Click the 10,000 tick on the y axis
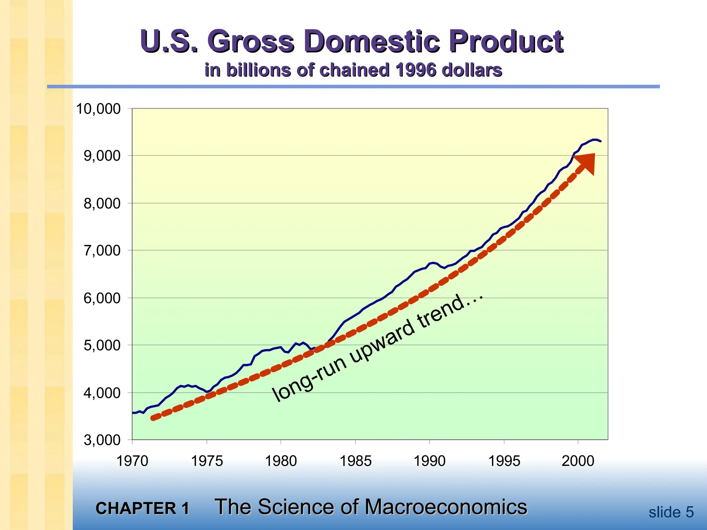(x=98, y=109)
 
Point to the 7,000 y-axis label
(x=102, y=251)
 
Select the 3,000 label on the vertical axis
(x=102, y=440)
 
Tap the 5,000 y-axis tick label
(x=102, y=345)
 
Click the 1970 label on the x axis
(x=132, y=461)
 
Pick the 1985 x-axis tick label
(x=356, y=461)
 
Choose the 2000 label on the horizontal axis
(x=578, y=461)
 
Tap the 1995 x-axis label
(x=504, y=461)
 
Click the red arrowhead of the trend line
(x=587, y=163)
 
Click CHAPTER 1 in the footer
(x=142, y=508)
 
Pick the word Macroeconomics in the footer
(x=446, y=507)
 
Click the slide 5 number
(x=671, y=512)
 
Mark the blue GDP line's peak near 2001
(x=594, y=139)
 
